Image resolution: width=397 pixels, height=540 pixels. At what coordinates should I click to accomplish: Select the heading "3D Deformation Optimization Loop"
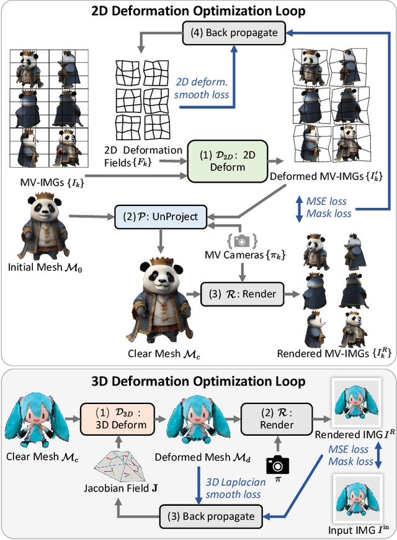point(198,380)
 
